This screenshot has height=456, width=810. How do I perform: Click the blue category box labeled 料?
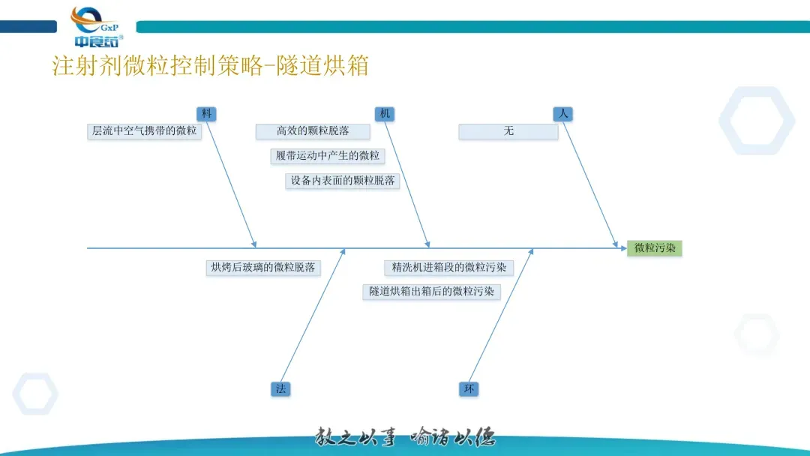tap(206, 114)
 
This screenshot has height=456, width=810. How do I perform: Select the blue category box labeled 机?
tap(385, 114)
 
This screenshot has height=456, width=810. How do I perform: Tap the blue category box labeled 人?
tap(562, 114)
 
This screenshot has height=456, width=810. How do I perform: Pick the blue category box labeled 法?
tap(280, 388)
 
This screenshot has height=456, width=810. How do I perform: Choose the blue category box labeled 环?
tap(469, 388)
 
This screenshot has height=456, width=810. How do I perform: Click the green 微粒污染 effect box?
tap(655, 248)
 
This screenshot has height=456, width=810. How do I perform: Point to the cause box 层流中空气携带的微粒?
tap(144, 131)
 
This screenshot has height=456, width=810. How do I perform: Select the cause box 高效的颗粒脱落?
tap(313, 131)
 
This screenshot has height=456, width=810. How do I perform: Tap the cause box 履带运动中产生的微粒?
tap(327, 156)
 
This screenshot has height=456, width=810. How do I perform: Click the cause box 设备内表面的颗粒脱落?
tap(342, 181)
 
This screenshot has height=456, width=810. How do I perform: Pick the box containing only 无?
tap(508, 131)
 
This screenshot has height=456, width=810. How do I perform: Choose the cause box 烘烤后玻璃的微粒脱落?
tap(263, 267)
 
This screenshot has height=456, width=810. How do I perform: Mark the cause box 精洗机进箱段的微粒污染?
tap(448, 267)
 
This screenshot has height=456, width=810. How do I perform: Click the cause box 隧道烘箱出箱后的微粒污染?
tap(431, 292)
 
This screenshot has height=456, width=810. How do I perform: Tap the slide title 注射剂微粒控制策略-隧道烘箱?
tap(210, 66)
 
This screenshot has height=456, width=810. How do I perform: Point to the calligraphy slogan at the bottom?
tap(405, 436)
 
